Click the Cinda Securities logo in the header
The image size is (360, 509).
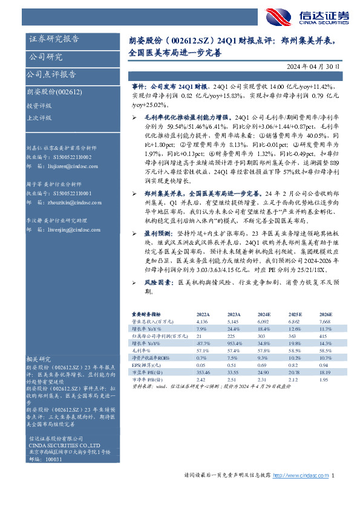(x=318, y=16)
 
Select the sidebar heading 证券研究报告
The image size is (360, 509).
(x=54, y=40)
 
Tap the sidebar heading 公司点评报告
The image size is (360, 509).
(x=51, y=74)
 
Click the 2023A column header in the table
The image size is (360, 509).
(x=234, y=314)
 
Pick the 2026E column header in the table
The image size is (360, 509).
(x=326, y=314)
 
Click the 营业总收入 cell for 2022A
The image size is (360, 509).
(x=203, y=321)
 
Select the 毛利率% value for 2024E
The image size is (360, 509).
(x=264, y=349)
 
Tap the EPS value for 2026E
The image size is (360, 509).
(x=326, y=364)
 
